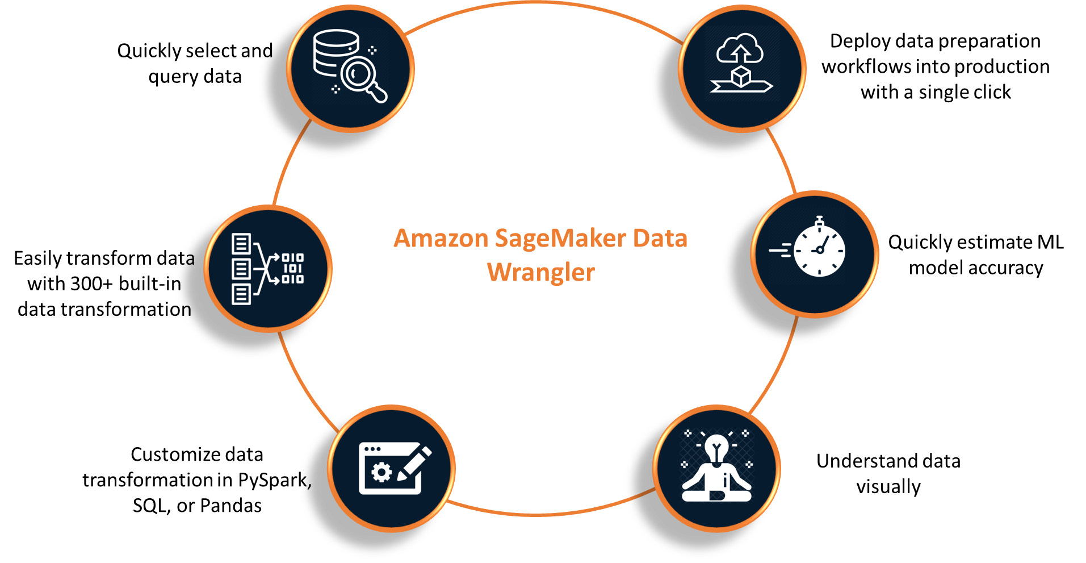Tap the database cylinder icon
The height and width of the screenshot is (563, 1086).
pos(336,52)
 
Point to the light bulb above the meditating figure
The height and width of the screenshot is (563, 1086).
pos(716,449)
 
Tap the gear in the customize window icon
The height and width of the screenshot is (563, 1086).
pos(381,472)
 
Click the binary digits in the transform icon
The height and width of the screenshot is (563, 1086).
pos(293,268)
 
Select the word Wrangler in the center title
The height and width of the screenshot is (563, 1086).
pos(541,273)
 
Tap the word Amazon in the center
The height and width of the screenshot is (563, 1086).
pos(441,239)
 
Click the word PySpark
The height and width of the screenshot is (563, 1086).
pos(275,481)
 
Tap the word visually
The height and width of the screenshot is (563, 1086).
pos(888,487)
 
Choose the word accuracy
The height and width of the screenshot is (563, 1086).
pos(1005,268)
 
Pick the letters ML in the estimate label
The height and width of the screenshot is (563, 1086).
pos(1050,242)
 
